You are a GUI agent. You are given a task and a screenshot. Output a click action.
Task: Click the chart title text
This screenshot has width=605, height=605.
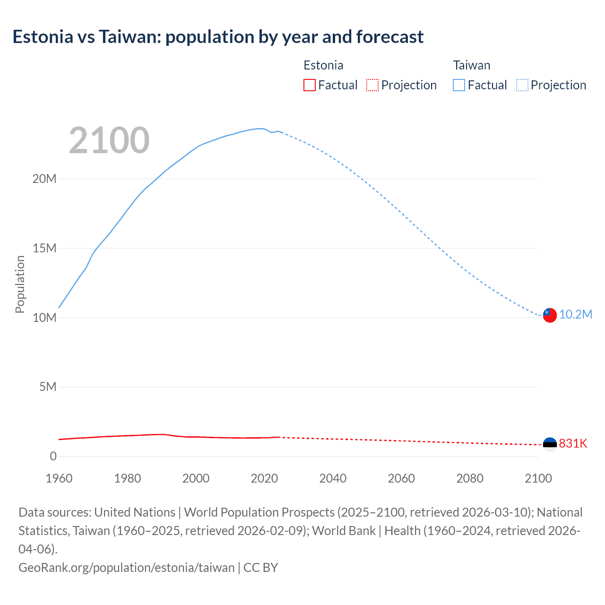pyautogui.click(x=218, y=37)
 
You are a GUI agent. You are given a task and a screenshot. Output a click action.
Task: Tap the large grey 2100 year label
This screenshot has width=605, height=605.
pyautogui.click(x=109, y=140)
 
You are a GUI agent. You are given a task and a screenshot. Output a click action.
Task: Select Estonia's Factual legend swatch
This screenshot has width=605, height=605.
pyautogui.click(x=310, y=85)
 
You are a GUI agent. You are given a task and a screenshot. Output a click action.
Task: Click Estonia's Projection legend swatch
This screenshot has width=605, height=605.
pyautogui.click(x=372, y=85)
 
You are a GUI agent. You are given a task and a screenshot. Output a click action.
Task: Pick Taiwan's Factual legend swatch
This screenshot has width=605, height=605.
pyautogui.click(x=459, y=85)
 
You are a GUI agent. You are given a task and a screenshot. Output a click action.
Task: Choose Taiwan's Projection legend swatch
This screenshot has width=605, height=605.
pyautogui.click(x=522, y=85)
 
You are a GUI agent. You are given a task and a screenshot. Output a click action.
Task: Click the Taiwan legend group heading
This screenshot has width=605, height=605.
pyautogui.click(x=471, y=65)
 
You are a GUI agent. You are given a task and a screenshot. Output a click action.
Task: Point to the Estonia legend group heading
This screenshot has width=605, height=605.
pyautogui.click(x=323, y=65)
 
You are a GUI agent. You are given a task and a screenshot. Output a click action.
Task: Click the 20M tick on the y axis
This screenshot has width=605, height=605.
pyautogui.click(x=44, y=179)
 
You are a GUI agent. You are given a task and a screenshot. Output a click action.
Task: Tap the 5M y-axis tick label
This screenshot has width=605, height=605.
pyautogui.click(x=48, y=387)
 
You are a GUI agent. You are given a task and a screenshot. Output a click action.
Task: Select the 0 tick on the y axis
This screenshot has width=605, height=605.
pyautogui.click(x=53, y=456)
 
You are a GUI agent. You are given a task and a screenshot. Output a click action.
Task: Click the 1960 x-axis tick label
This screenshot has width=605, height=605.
pyautogui.click(x=59, y=478)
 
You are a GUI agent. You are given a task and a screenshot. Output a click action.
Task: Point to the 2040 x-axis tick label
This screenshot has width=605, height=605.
pyautogui.click(x=333, y=478)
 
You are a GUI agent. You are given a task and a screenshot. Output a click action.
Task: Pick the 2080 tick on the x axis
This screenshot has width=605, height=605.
pyautogui.click(x=470, y=478)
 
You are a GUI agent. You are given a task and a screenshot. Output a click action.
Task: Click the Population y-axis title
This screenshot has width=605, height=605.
pyautogui.click(x=20, y=284)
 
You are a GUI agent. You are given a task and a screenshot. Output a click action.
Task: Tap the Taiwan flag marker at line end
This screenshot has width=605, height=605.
pyautogui.click(x=550, y=315)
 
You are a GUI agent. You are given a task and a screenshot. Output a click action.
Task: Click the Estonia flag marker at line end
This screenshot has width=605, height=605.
pyautogui.click(x=550, y=444)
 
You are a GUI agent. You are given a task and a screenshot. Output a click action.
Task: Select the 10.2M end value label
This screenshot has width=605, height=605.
pyautogui.click(x=576, y=315)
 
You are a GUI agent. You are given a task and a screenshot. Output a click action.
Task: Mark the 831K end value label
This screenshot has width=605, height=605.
pyautogui.click(x=573, y=443)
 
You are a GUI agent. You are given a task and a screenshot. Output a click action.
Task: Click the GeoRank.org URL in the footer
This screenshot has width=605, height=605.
pyautogui.click(x=126, y=567)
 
